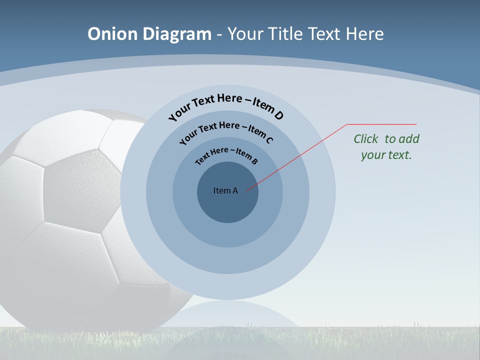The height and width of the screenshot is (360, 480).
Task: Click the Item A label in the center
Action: click(225, 190)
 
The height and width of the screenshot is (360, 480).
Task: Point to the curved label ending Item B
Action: click(226, 155)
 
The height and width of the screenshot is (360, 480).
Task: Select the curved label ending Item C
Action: click(226, 131)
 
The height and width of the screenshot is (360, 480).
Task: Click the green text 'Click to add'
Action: click(386, 139)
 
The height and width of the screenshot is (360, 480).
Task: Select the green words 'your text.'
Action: click(386, 155)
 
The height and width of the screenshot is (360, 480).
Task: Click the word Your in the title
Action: click(247, 34)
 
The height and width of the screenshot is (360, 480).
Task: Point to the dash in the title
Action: click(219, 34)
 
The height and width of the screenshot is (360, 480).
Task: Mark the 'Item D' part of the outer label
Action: click(268, 109)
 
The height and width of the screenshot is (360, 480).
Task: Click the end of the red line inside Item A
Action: click(247, 190)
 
